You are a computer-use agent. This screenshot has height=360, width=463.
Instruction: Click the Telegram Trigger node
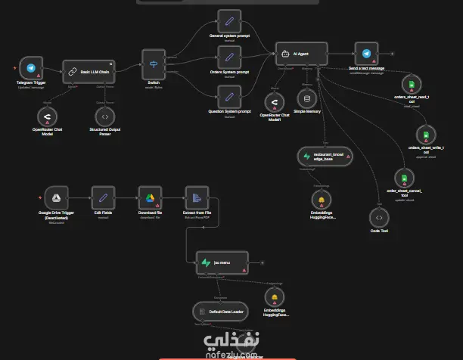[31, 68]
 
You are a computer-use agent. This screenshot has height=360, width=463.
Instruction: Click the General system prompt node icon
[228, 20]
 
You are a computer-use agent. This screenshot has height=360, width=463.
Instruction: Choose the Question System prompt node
[228, 96]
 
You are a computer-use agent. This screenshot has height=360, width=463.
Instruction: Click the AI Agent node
[301, 54]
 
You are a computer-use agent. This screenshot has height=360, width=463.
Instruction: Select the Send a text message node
[367, 54]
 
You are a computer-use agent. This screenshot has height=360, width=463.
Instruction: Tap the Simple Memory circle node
[307, 99]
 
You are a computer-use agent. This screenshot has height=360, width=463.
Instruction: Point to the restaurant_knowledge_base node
[323, 157]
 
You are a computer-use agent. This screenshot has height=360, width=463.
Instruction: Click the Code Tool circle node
[379, 219]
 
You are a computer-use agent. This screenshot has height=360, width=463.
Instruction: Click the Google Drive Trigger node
[55, 198]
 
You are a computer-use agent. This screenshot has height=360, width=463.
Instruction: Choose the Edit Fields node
[104, 199]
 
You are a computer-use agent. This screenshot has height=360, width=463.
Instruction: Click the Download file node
[150, 199]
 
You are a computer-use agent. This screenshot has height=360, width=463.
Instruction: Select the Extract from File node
[197, 199]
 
